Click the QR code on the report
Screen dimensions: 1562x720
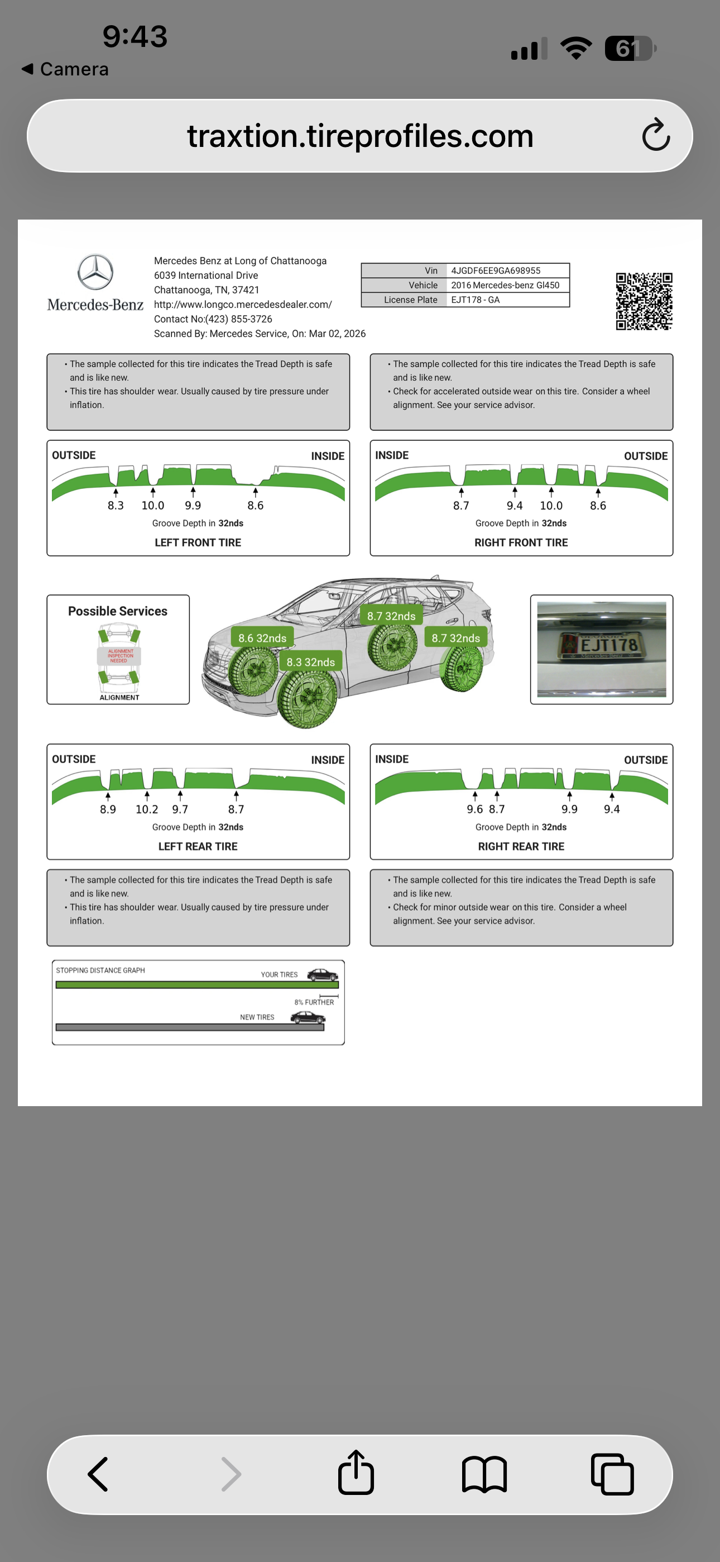coord(644,301)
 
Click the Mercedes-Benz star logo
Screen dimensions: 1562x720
coord(95,272)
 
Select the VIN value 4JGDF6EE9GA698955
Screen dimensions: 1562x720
coord(495,270)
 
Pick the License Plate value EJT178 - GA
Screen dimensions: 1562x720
coord(475,299)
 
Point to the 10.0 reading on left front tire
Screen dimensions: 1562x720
coord(153,505)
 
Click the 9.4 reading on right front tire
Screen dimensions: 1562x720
coord(515,505)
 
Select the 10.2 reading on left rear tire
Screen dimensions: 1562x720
coord(147,809)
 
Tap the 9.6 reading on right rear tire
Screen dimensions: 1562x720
coord(474,809)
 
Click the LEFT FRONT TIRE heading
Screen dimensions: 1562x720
coord(198,542)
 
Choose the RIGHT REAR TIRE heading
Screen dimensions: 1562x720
coord(521,846)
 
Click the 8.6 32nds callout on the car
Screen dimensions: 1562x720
coord(262,638)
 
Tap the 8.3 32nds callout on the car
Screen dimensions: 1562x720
coord(310,661)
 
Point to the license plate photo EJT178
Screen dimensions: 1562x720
coord(601,649)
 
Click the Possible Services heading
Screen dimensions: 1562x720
coord(118,611)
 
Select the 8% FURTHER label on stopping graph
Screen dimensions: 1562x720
coord(314,1002)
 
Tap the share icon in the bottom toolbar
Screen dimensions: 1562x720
coord(356,1473)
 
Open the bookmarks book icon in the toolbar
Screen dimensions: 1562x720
coord(484,1474)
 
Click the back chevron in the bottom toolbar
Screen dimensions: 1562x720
coord(98,1474)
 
